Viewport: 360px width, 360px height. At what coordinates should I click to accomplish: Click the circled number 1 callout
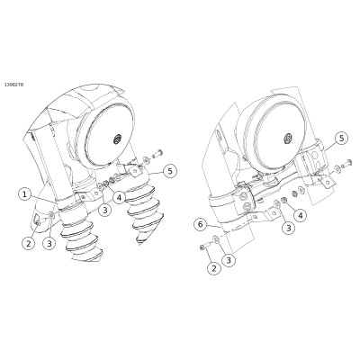point(25,194)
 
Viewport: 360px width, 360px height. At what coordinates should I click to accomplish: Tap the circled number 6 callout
point(201,224)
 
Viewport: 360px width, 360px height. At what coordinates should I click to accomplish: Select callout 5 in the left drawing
point(170,171)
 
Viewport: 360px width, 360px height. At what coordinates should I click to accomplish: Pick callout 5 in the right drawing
point(341,139)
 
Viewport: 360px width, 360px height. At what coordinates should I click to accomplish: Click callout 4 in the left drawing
point(119,198)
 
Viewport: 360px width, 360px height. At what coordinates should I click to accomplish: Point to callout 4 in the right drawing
point(301,215)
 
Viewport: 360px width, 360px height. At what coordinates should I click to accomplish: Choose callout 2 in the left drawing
point(29,243)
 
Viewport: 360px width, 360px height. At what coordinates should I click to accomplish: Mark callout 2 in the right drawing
point(214,268)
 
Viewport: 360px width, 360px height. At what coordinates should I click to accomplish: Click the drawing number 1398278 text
point(13,85)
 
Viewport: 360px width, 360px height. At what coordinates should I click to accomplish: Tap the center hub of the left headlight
point(117,139)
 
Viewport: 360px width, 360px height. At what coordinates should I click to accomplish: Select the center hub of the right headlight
point(288,138)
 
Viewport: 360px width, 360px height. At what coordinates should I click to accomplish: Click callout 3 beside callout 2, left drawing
point(49,243)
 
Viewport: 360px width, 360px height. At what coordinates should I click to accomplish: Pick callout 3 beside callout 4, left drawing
point(104,210)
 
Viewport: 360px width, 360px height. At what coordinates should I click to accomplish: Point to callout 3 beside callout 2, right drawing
point(229,260)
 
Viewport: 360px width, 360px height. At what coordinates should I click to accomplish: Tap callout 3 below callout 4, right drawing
point(289,228)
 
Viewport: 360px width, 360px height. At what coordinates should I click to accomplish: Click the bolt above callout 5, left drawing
point(157,155)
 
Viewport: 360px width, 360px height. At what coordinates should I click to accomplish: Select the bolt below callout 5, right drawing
point(346,162)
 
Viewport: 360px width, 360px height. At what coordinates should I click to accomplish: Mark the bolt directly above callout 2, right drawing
point(203,247)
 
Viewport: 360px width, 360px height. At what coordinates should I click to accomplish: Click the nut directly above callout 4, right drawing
point(283,201)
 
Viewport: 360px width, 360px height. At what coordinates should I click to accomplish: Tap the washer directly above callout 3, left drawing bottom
point(51,214)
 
